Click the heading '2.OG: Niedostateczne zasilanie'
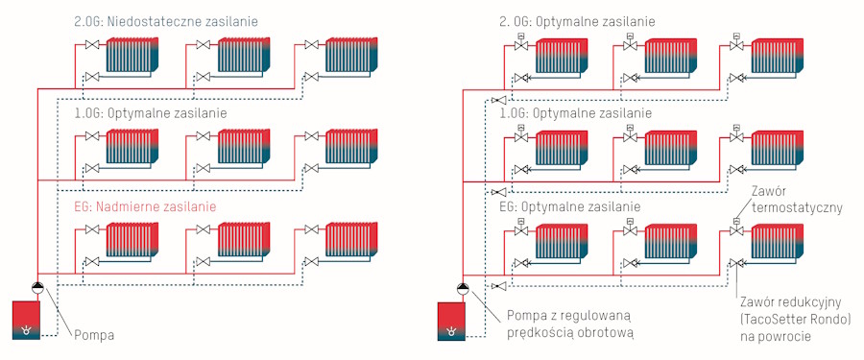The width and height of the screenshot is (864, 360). point(166,22)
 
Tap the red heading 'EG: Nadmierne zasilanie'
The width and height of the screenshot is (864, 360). point(144,207)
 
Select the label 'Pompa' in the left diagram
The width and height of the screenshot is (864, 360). point(94,335)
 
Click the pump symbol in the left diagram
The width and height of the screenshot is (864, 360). point(37,287)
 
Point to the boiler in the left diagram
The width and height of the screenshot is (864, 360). point(26,321)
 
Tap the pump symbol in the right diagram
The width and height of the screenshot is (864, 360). point(463,288)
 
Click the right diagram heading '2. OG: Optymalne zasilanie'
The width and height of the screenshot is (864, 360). point(577,22)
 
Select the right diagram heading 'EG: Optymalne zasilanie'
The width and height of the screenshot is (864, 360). point(569,208)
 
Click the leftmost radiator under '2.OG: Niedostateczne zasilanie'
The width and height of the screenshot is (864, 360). point(132,55)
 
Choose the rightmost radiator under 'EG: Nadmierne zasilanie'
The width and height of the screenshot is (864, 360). point(351,240)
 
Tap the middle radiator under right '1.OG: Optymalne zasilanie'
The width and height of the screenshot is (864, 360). point(670,148)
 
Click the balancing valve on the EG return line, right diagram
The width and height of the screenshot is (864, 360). point(497,285)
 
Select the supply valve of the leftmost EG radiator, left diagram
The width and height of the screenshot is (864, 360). point(92,228)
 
